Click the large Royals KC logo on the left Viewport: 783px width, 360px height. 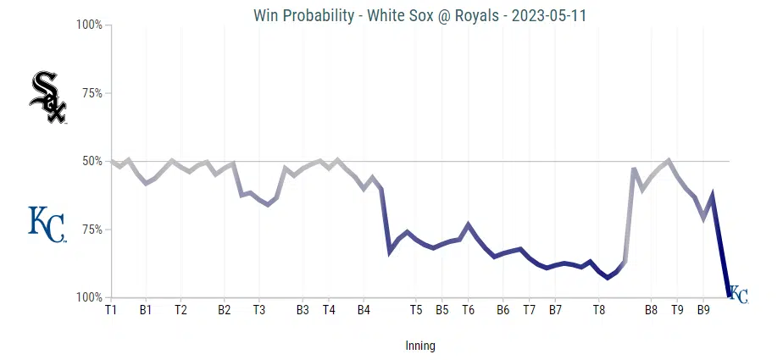47,224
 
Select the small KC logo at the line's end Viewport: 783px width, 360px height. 738,294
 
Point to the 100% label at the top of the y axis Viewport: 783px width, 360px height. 89,25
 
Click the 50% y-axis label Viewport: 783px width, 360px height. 91,161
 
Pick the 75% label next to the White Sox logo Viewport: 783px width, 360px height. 91,93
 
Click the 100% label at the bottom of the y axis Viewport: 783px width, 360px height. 89,297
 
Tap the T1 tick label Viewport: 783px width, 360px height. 111,310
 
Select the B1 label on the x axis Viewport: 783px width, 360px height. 146,310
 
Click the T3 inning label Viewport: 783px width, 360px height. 259,310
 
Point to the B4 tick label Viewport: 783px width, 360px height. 364,310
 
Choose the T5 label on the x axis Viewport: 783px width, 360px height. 416,310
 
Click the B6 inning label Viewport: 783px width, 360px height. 503,310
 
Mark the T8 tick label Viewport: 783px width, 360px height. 598,310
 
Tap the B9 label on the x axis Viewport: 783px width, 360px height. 703,310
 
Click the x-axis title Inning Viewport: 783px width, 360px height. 420,346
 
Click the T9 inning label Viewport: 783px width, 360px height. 677,310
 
